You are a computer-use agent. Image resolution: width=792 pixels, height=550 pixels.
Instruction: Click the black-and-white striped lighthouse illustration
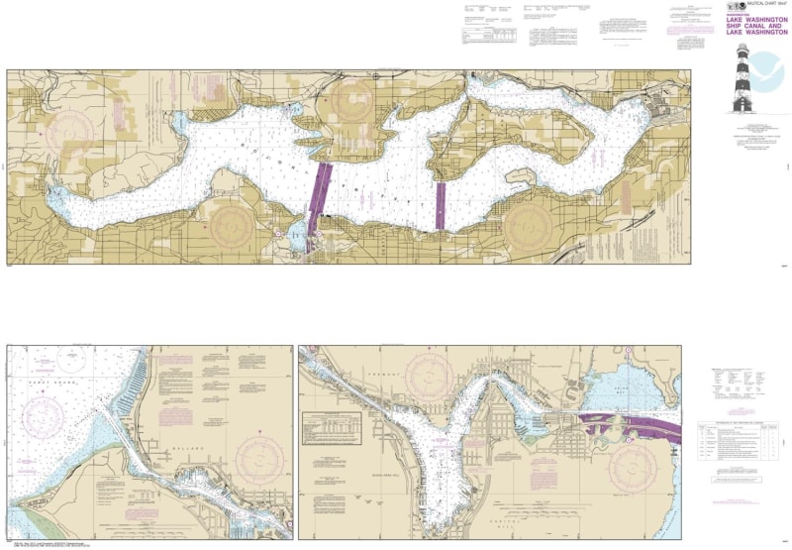pyautogui.click(x=741, y=84)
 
